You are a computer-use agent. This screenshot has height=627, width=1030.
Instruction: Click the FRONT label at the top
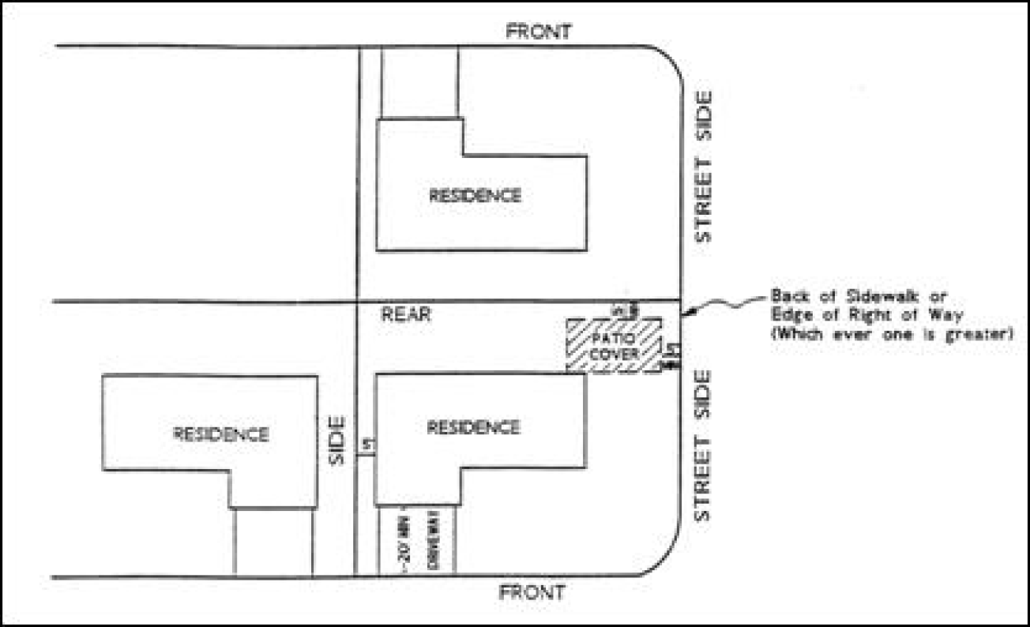click(x=539, y=32)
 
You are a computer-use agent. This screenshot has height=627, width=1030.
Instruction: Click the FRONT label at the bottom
click(x=535, y=591)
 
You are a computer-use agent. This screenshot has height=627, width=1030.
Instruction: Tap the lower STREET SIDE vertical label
click(x=701, y=445)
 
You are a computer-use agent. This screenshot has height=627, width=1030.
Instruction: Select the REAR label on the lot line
click(x=407, y=313)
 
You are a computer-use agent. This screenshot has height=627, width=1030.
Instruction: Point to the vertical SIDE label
click(x=337, y=441)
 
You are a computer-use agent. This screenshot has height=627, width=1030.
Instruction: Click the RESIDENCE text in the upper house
click(x=475, y=195)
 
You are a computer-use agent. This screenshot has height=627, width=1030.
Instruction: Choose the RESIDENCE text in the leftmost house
click(x=220, y=434)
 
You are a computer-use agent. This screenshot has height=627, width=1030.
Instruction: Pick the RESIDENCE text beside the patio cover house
click(x=473, y=427)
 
